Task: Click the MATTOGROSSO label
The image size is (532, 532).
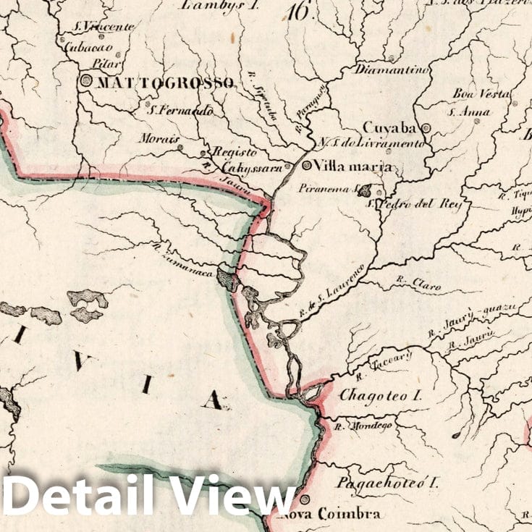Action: point(164,83)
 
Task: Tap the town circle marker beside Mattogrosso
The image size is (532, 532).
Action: point(87,82)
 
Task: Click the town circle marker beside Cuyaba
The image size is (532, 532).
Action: point(426,128)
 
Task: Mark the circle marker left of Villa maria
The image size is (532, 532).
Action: point(307,165)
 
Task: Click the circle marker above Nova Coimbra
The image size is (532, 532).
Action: point(305,499)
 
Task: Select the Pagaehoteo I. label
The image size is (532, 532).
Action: point(388,482)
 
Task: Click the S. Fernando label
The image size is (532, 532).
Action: point(180,111)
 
